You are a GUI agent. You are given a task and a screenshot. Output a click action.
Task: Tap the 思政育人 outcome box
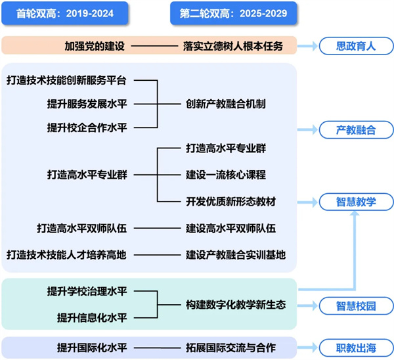click(355, 46)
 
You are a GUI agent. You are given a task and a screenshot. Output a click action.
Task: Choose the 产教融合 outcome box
click(355, 130)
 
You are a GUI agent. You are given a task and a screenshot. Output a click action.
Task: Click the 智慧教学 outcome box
click(355, 202)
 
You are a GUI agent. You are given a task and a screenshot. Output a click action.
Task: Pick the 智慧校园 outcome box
click(355, 305)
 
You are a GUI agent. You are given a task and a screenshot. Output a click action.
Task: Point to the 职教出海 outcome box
click(355, 347)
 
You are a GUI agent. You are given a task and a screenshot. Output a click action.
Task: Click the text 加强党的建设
click(95, 46)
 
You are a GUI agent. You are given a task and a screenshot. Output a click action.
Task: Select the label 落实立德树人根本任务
click(233, 46)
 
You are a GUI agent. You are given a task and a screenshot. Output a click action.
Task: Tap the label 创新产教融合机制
click(225, 103)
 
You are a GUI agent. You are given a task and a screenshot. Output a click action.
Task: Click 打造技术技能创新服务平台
click(66, 80)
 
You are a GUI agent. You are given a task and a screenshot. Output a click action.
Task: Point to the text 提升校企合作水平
click(87, 126)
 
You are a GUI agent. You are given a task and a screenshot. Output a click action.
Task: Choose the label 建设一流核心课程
click(225, 175)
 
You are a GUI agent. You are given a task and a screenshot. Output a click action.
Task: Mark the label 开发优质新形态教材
click(230, 200)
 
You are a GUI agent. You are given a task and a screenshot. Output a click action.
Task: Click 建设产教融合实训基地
click(235, 254)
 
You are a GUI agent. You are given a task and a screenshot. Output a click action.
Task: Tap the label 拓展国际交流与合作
click(230, 347)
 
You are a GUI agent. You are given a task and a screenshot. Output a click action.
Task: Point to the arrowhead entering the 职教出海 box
click(313, 347)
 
